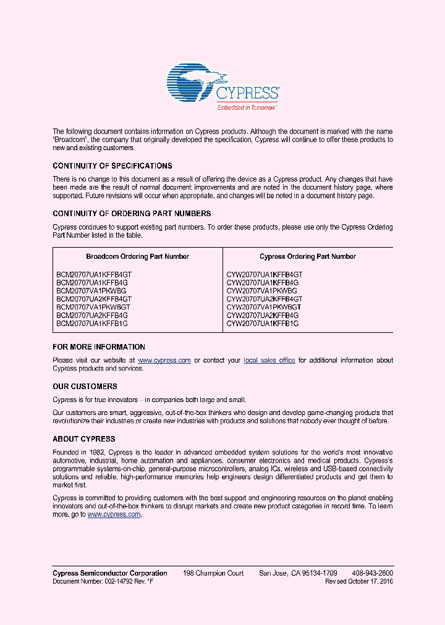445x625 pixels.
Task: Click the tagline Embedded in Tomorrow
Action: (246, 107)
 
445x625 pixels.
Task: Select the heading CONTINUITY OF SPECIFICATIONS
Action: (112, 166)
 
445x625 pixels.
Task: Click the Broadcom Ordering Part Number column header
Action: (137, 256)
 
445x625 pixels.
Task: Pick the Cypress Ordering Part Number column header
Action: (307, 256)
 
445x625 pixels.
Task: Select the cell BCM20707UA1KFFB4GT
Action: (93, 274)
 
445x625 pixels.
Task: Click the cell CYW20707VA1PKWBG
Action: (261, 290)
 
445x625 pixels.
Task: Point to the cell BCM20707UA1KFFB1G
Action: (91, 324)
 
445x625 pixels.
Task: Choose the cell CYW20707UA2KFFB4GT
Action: (264, 299)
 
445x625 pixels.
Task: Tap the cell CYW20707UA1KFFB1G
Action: (262, 324)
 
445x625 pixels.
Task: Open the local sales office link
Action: (269, 361)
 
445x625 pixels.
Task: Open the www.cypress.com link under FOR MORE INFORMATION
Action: (164, 361)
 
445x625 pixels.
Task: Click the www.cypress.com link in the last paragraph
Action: (114, 514)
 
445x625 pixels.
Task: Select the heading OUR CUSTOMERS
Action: (85, 387)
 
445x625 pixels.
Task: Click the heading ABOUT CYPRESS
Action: (83, 439)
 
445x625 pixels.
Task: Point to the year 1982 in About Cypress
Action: (96, 453)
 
